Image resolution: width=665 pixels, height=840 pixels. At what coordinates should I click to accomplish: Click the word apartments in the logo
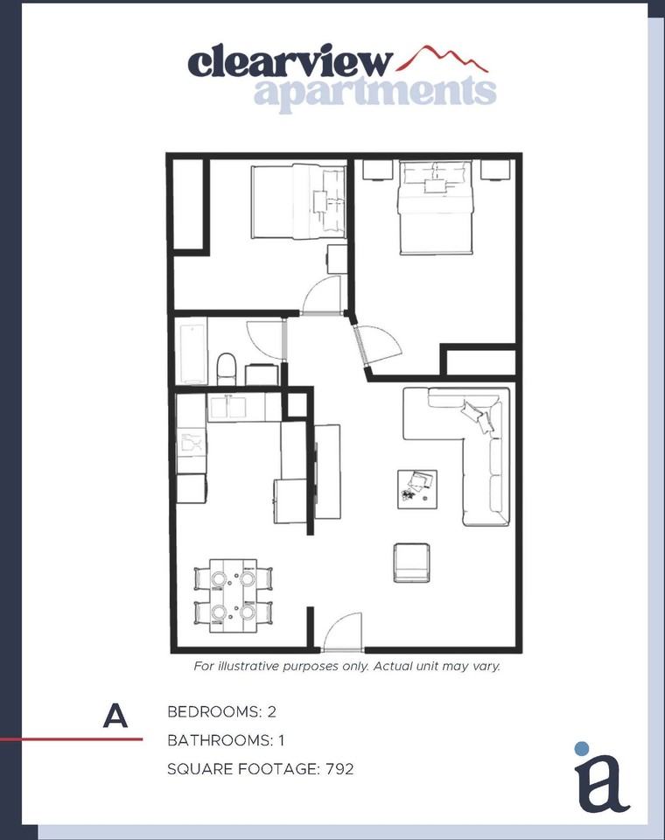(375, 92)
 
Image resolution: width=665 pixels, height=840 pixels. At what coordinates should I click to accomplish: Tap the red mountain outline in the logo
(443, 59)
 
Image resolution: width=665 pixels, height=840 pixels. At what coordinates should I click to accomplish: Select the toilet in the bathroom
(226, 368)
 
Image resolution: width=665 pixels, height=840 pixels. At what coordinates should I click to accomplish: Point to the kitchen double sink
(227, 408)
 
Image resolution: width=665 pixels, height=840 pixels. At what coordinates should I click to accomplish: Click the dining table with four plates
(233, 596)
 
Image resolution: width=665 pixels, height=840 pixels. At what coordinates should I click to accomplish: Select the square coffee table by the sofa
(416, 489)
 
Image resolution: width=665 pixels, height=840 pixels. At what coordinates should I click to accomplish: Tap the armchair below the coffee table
(411, 563)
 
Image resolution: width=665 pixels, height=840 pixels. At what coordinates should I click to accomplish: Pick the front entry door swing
(343, 633)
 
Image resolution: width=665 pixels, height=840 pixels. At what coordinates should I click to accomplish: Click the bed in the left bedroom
(298, 201)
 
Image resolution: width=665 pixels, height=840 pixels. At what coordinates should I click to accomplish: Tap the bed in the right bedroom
(436, 206)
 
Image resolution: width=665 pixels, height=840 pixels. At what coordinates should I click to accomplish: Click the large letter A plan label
(115, 715)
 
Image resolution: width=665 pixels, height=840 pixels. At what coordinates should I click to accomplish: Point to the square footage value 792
(339, 769)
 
